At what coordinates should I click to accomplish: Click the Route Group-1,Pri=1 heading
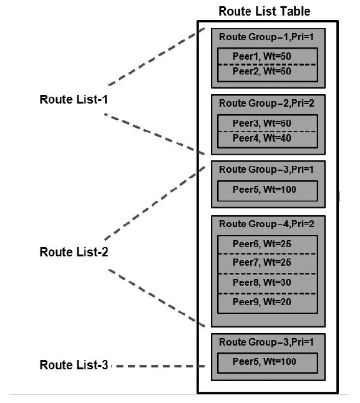coord(267,37)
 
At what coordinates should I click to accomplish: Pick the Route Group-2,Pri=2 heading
coord(267,103)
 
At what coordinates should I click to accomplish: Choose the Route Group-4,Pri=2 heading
coord(267,224)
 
